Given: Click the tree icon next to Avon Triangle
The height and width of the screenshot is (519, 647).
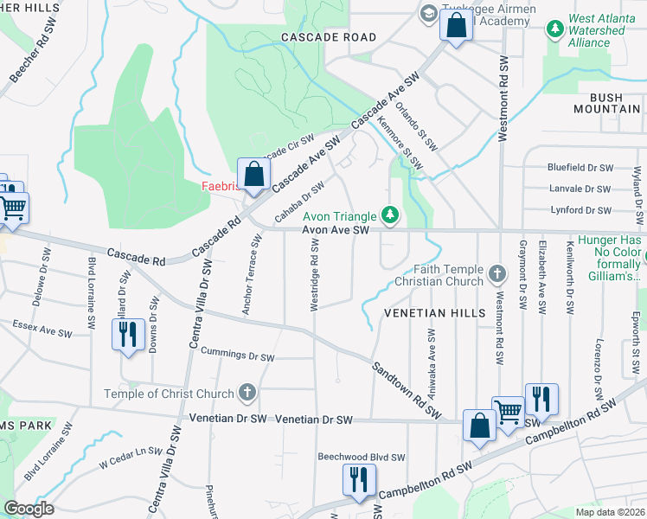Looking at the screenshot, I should click(x=391, y=215).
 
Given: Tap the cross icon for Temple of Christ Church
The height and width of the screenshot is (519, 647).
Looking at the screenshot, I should click(x=247, y=394).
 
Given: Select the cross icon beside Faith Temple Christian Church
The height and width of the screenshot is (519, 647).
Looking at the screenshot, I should click(x=496, y=274).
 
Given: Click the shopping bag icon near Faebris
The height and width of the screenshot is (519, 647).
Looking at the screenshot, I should click(x=253, y=175).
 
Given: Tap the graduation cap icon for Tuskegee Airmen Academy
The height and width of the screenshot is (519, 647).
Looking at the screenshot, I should click(x=427, y=13).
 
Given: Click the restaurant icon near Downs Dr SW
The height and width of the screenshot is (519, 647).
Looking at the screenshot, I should click(x=128, y=334).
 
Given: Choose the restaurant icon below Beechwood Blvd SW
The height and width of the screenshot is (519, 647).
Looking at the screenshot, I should click(x=358, y=479).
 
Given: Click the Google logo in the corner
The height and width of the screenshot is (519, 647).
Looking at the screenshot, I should click(x=29, y=509).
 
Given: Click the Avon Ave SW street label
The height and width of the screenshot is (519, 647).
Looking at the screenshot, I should click(x=336, y=230).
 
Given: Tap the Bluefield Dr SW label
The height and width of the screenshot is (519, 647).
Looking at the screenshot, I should click(x=580, y=167).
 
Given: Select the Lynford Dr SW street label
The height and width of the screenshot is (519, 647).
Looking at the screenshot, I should click(x=580, y=210).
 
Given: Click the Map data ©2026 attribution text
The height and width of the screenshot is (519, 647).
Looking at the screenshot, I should click(x=610, y=512).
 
